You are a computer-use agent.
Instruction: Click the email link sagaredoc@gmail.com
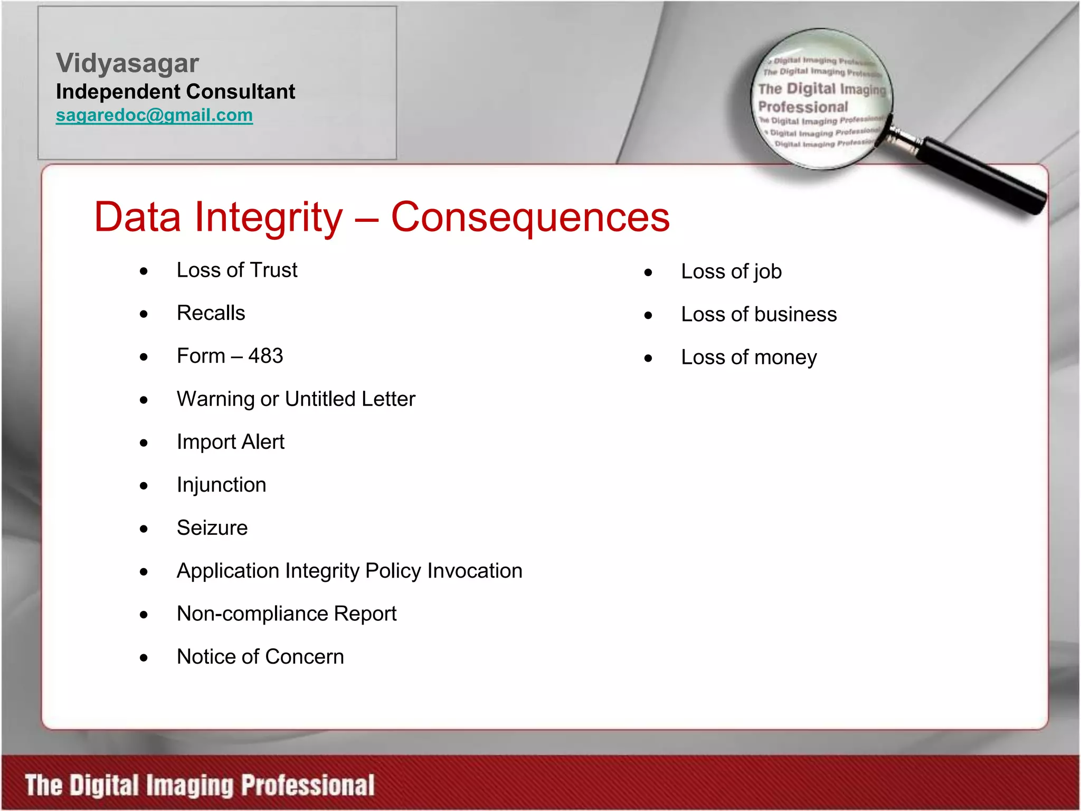154,115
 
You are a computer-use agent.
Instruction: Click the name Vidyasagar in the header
127,63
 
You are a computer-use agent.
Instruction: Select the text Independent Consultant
175,92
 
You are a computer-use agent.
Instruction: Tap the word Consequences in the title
530,217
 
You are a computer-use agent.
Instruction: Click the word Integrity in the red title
269,217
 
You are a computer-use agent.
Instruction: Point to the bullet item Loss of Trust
236,270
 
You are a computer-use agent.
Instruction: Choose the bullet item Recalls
211,313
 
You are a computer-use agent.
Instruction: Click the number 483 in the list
265,356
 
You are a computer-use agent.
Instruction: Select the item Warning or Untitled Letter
296,399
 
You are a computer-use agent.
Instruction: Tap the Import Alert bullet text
230,442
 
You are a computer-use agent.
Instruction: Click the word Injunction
221,485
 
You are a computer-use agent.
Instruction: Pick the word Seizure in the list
212,528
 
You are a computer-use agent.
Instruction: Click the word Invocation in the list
475,571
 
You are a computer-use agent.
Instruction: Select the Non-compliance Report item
286,614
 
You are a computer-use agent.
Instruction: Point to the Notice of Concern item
260,657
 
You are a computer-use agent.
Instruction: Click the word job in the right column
767,272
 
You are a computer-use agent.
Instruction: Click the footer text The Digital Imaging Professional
200,785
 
